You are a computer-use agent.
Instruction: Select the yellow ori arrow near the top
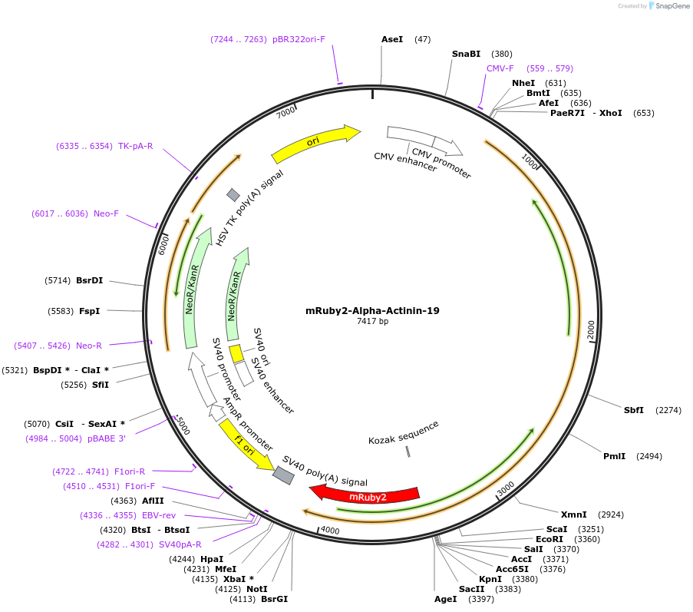(x=315, y=143)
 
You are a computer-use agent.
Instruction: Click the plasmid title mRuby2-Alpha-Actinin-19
(x=372, y=311)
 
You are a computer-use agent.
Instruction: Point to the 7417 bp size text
(x=372, y=322)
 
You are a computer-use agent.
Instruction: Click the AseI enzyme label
(x=392, y=38)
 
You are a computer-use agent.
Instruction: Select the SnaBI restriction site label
(x=466, y=54)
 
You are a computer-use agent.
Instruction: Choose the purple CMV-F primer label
(x=500, y=68)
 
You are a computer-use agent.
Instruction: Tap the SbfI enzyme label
(x=634, y=410)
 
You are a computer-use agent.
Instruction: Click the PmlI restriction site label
(x=614, y=456)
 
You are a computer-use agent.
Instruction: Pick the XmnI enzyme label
(x=573, y=514)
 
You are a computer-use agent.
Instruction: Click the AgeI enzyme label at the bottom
(x=445, y=599)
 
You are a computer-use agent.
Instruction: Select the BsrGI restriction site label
(x=274, y=599)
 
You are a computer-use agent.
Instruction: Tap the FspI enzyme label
(x=89, y=311)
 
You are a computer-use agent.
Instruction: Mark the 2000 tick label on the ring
(x=590, y=329)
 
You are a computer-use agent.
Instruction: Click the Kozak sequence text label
(x=404, y=432)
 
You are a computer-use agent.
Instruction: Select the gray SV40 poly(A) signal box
(x=283, y=475)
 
